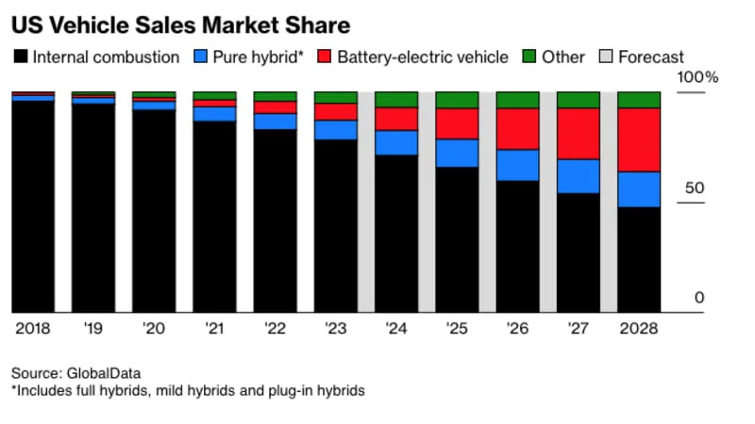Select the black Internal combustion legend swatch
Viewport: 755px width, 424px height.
20,57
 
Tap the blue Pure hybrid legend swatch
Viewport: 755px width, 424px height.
198,57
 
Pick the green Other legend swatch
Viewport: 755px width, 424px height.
529,57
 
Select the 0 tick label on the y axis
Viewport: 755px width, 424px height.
699,298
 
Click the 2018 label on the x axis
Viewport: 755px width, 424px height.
32,328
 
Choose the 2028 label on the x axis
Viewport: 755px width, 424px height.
638,328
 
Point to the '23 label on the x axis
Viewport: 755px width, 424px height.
335,328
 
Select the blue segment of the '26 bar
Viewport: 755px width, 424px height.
517,165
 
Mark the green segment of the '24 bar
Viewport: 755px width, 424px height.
396,99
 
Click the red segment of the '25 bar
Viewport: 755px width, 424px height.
457,123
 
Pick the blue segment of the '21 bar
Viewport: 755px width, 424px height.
214,113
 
